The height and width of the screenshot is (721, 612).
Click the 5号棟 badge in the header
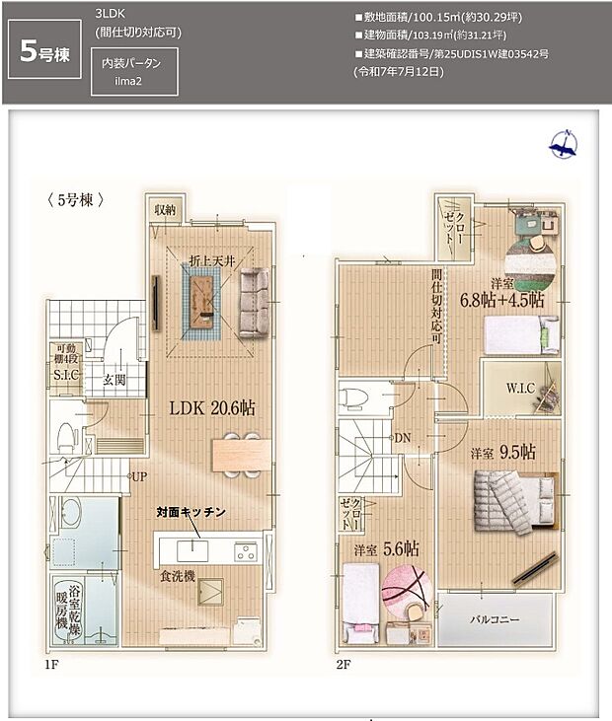(x=45, y=52)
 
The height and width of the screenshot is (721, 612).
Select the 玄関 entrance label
(x=99, y=381)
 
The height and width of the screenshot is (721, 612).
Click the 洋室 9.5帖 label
(x=502, y=453)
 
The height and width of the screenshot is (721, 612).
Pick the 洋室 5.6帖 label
(x=382, y=550)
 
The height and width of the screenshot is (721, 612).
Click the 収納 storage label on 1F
(x=164, y=210)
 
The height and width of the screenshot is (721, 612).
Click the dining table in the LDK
(x=240, y=453)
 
